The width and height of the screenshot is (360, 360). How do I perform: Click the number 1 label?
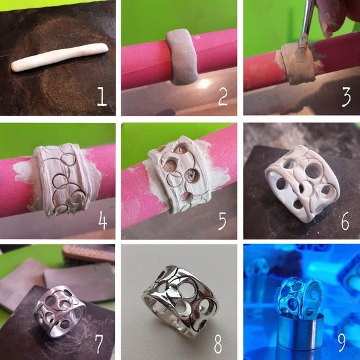pyautogui.click(x=101, y=96)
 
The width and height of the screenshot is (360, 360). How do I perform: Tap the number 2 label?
pyautogui.click(x=223, y=96)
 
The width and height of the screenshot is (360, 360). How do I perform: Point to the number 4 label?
pyautogui.click(x=102, y=220)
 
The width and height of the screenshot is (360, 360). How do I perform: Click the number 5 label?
pyautogui.click(x=222, y=221)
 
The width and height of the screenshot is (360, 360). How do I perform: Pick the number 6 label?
pyautogui.click(x=345, y=221)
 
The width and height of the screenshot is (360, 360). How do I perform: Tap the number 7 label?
pyautogui.click(x=99, y=343)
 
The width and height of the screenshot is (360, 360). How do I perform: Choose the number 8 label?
pyautogui.click(x=218, y=343)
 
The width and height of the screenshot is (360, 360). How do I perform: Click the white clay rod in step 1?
pyautogui.click(x=60, y=57)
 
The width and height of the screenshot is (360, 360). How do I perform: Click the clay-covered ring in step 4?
pyautogui.click(x=66, y=179)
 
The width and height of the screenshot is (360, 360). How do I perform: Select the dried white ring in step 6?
pyautogui.click(x=303, y=184)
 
